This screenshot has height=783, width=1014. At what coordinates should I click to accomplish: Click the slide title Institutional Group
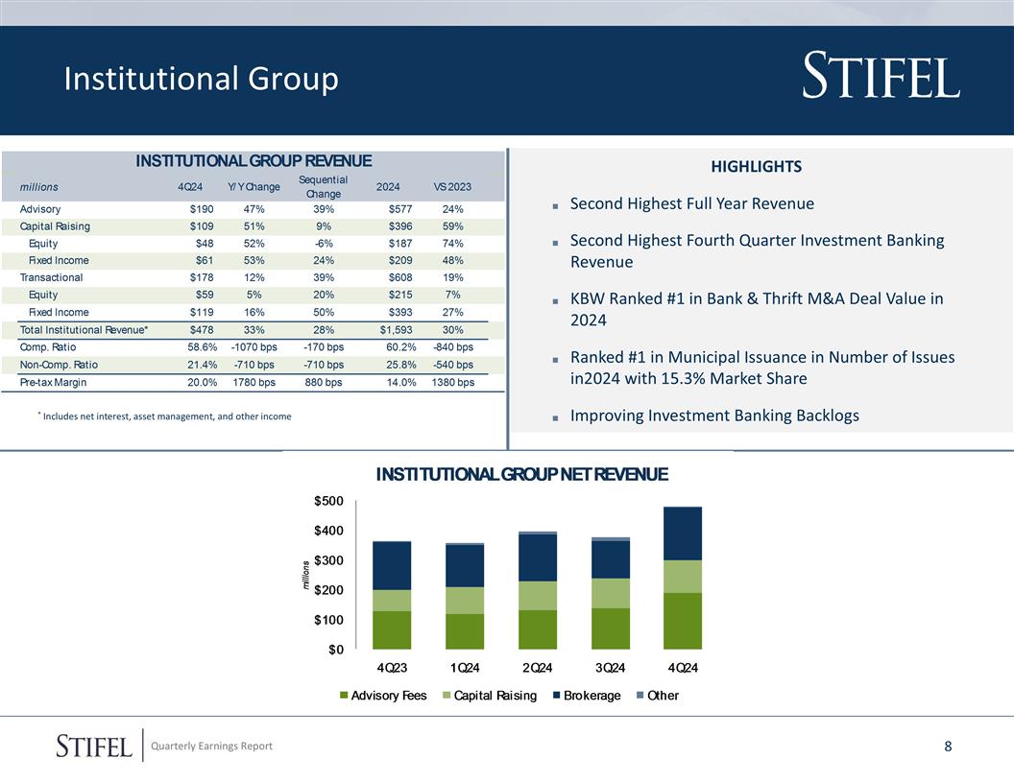pyautogui.click(x=201, y=80)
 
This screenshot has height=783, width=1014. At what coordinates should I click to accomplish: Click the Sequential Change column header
pyautogui.click(x=324, y=186)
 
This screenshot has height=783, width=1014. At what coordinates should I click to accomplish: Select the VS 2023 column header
pyautogui.click(x=452, y=186)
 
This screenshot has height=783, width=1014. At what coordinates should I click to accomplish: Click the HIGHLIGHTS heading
pyautogui.click(x=756, y=167)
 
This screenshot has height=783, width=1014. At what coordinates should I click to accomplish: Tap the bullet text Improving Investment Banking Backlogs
pyautogui.click(x=714, y=415)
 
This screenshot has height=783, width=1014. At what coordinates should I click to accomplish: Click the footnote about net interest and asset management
pyautogui.click(x=164, y=416)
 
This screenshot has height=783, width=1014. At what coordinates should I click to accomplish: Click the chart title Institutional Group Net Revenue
pyautogui.click(x=521, y=474)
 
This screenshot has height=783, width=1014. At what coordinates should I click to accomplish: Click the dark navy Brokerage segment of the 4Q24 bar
pyautogui.click(x=683, y=534)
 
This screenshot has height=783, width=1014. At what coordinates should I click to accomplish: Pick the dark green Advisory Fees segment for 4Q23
pyautogui.click(x=392, y=629)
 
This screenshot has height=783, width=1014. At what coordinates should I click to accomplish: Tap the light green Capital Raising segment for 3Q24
pyautogui.click(x=611, y=593)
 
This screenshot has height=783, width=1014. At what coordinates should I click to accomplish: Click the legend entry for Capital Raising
pyautogui.click(x=495, y=695)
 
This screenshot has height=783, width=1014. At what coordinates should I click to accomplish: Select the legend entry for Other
pyautogui.click(x=663, y=695)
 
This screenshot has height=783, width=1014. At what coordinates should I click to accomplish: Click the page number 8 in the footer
pyautogui.click(x=948, y=747)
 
